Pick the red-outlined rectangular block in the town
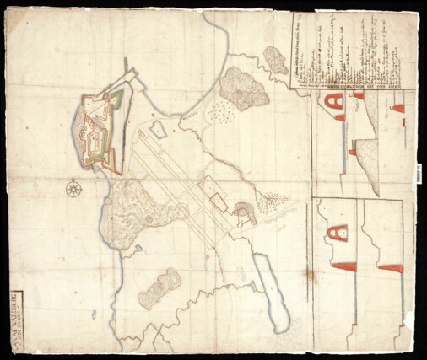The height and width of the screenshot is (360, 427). [219, 201]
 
